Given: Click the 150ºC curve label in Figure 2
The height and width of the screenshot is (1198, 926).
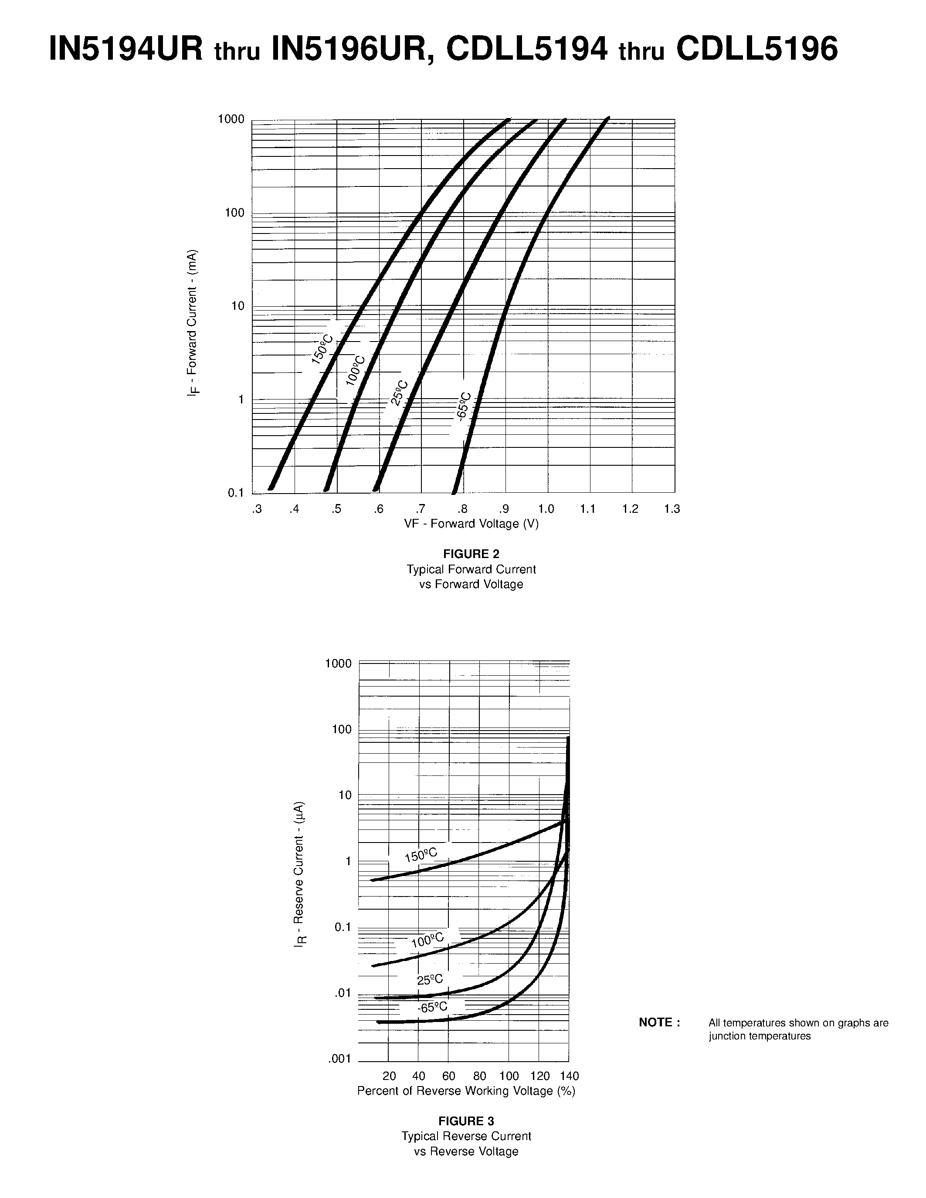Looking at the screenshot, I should pyautogui.click(x=322, y=349).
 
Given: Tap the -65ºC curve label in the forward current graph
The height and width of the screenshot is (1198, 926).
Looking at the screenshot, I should pyautogui.click(x=464, y=406).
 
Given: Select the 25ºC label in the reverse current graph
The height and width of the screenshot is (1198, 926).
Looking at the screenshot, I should pyautogui.click(x=430, y=979).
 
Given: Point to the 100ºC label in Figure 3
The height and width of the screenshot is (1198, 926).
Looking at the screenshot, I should pyautogui.click(x=427, y=940).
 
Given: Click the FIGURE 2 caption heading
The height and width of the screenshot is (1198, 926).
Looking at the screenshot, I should pyautogui.click(x=471, y=554).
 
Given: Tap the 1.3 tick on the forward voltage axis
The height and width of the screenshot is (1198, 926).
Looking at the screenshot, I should pyautogui.click(x=672, y=509).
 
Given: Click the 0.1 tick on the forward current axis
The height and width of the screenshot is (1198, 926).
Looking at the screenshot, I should pyautogui.click(x=236, y=493).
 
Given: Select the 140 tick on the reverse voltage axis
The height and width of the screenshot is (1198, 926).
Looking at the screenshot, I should pyautogui.click(x=570, y=1076).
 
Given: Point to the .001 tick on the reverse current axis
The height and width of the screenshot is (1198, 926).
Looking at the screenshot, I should pyautogui.click(x=339, y=1059).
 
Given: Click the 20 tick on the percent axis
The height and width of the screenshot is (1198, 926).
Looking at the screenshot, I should pyautogui.click(x=389, y=1076).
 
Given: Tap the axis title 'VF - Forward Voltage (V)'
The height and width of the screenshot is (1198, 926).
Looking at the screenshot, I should pyautogui.click(x=471, y=524).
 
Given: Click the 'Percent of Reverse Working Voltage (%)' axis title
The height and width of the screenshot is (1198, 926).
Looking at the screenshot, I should pyautogui.click(x=466, y=1091).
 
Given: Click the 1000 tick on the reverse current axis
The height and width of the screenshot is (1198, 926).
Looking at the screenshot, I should pyautogui.click(x=339, y=663).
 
